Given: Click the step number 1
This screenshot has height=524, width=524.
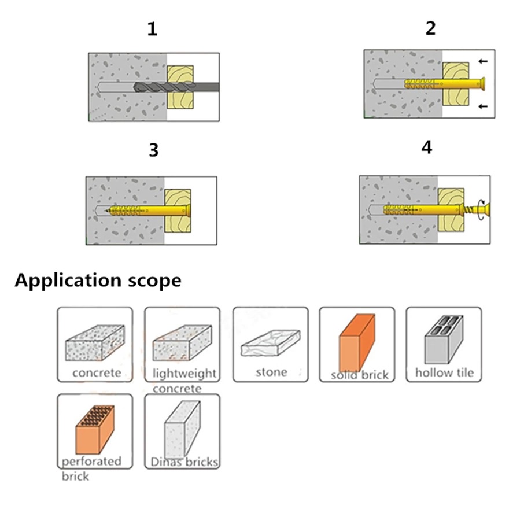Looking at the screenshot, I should (152, 29).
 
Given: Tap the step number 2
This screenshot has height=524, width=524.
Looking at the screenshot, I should (430, 28).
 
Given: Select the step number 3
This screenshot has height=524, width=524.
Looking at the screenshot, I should (153, 150).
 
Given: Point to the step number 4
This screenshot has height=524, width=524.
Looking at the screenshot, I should (427, 148).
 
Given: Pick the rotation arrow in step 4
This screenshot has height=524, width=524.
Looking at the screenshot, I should (479, 207).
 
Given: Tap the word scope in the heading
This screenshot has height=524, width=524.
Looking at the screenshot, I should (152, 281).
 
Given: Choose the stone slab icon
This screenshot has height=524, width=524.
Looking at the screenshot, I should (270, 345).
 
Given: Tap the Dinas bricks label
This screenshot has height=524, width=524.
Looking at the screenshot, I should (184, 462).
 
